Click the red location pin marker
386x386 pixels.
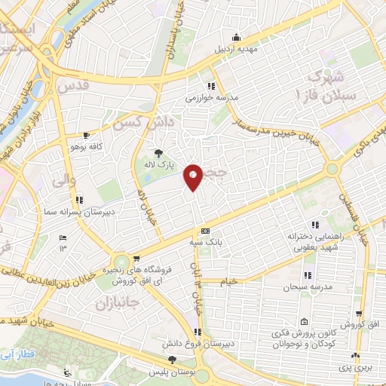coord(194,176)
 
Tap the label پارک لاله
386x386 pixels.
coord(160,163)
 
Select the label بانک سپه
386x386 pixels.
coord(206,243)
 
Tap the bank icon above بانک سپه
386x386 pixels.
coord(204,231)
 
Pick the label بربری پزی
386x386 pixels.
coord(360,367)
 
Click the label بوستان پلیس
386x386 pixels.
coord(172,372)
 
